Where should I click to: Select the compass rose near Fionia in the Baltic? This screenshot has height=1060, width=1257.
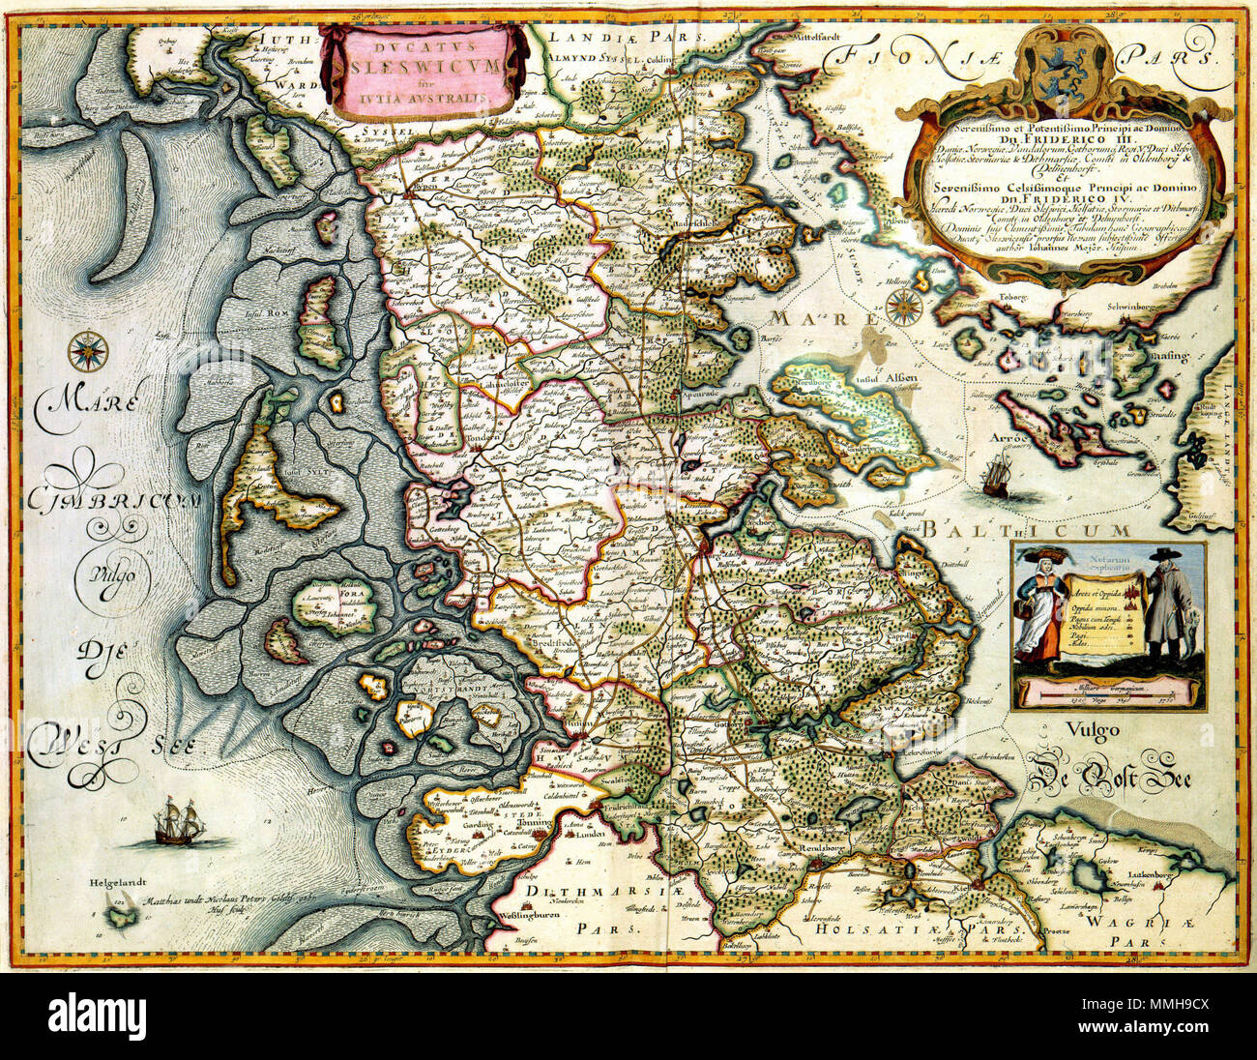pos(903,306)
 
